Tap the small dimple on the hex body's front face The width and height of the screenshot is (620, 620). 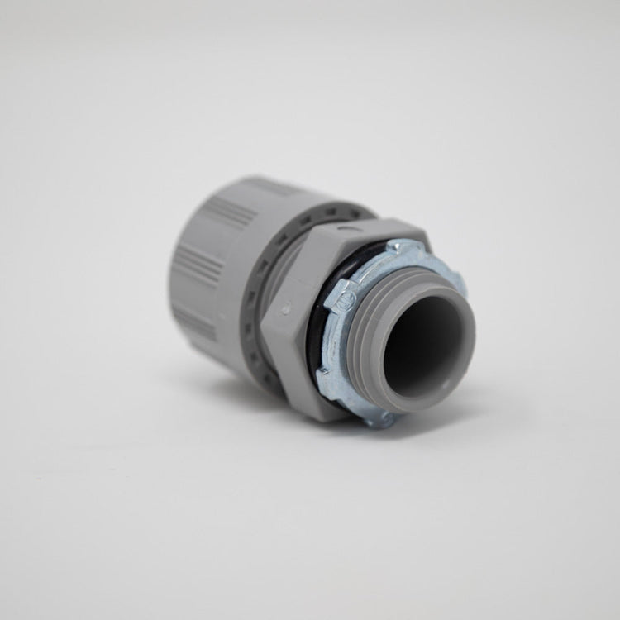click(x=286, y=307)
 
